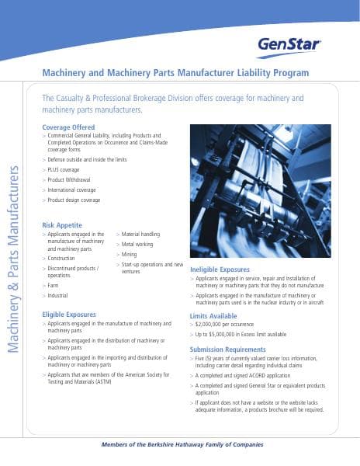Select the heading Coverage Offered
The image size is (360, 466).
[68, 127]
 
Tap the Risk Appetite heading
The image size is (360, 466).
[62, 224]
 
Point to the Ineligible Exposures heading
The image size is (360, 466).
[220, 269]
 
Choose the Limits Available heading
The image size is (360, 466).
[213, 316]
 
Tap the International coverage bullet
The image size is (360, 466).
[72, 190]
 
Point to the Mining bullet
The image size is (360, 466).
[130, 254]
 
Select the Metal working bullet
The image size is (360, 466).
[138, 244]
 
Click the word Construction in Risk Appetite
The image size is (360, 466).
[61, 258]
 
